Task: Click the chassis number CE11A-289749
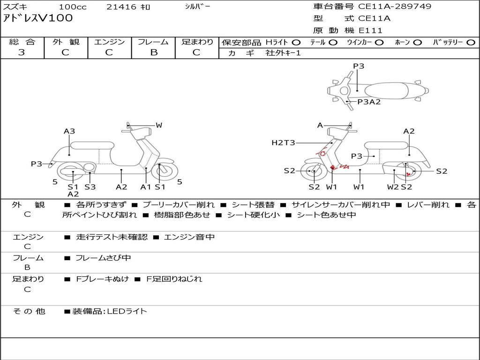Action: [395, 7]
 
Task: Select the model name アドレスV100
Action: [37, 18]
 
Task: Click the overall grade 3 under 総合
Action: [22, 52]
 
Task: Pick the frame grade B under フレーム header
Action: [154, 52]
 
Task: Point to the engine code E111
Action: [370, 30]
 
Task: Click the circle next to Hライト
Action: [296, 43]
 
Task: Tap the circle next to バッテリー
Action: [471, 43]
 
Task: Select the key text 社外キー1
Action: [283, 53]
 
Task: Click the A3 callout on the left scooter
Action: [69, 131]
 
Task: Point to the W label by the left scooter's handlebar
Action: [159, 125]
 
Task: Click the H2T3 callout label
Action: [283, 142]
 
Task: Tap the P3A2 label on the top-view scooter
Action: [369, 102]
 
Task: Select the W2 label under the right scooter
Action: [393, 187]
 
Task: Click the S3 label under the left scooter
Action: [90, 187]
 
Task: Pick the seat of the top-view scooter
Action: [386, 90]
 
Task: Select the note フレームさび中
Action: [103, 258]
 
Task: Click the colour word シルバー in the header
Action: [197, 7]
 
